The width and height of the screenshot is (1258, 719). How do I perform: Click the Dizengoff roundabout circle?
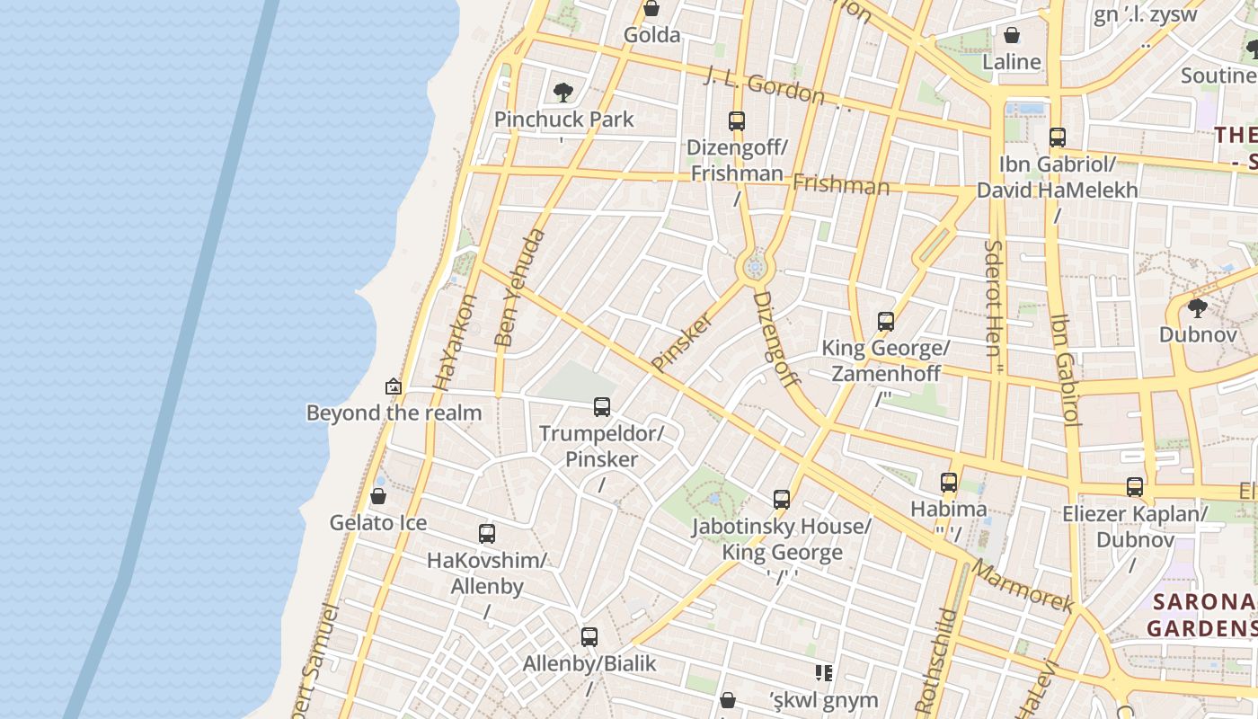tap(754, 267)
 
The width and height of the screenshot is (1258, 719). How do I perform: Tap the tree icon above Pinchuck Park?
tap(563, 92)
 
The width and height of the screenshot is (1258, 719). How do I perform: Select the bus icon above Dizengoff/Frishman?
tap(737, 120)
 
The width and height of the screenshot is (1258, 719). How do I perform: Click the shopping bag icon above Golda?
tap(651, 9)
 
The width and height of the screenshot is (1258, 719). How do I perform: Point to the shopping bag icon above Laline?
tap(1012, 36)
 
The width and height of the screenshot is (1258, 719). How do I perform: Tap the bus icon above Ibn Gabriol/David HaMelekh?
tap(1058, 138)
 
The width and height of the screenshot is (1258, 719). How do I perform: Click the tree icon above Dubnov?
tap(1197, 308)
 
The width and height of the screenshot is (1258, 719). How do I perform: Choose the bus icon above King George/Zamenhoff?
tap(886, 321)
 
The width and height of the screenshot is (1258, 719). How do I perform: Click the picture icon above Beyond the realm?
tap(394, 386)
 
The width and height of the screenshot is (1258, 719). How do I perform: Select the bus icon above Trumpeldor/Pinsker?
tap(602, 407)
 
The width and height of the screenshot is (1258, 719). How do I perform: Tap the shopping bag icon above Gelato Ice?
tap(378, 496)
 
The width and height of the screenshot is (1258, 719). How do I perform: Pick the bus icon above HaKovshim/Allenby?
tap(487, 534)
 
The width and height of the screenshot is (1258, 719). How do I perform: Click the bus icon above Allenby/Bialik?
tap(589, 637)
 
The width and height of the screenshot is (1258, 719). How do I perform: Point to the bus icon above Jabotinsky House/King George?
tap(782, 500)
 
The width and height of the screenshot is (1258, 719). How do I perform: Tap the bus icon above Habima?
tap(949, 483)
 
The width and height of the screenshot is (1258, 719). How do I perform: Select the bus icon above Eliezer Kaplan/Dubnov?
tap(1135, 487)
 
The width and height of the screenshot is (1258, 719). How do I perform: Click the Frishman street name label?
tap(840, 185)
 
